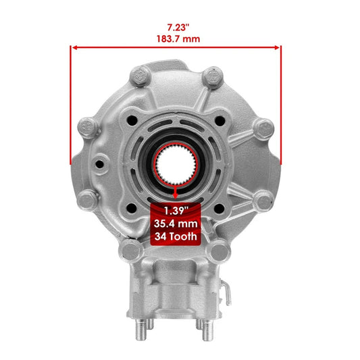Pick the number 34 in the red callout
160,236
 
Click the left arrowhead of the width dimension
74,48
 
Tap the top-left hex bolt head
141,74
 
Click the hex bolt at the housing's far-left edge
87,127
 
